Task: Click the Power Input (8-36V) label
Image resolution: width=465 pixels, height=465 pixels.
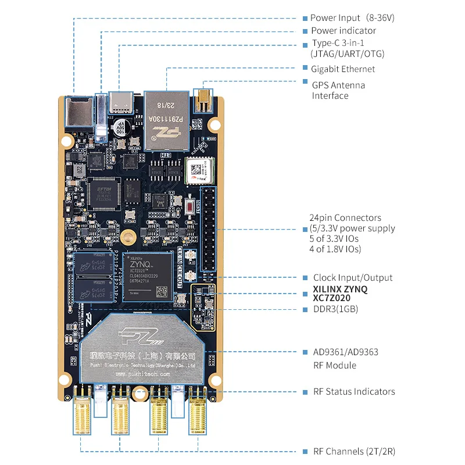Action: point(352,18)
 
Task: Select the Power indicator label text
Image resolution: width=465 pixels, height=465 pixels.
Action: point(343,31)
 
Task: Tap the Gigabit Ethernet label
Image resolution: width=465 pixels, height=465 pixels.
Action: point(343,69)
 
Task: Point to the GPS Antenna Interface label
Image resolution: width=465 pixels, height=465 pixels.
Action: point(339,90)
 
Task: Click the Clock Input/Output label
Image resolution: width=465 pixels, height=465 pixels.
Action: point(353,278)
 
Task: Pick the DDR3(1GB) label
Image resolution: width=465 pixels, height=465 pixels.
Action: point(335,309)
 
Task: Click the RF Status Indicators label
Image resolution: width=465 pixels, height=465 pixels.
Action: point(354,392)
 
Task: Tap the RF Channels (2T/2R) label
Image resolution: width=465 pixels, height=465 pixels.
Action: point(355,452)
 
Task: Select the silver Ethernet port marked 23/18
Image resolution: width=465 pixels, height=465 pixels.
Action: point(168,119)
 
